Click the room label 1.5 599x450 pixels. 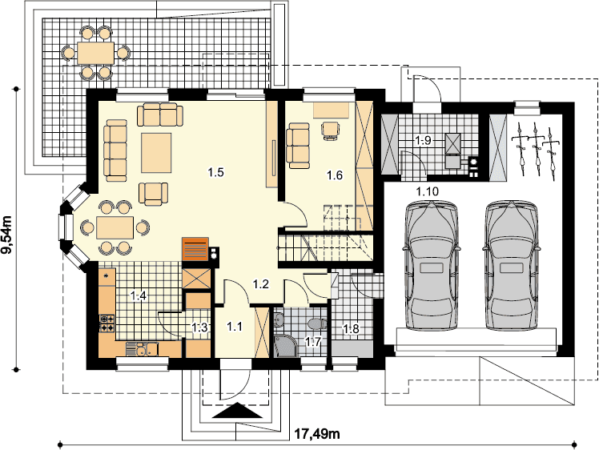click(x=216, y=172)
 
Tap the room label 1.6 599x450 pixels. click(x=335, y=175)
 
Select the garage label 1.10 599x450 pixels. click(x=428, y=191)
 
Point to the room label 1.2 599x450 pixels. click(x=261, y=283)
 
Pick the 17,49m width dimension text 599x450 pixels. click(x=317, y=434)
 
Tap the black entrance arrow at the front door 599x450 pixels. click(x=237, y=410)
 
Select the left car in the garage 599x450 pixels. click(x=431, y=266)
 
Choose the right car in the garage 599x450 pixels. click(x=512, y=266)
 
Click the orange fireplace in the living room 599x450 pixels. click(x=195, y=249)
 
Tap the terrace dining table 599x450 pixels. click(x=95, y=53)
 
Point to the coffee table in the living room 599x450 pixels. click(x=156, y=153)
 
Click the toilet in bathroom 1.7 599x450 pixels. click(x=317, y=324)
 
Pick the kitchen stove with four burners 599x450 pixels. click(x=107, y=323)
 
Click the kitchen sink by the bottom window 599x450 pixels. click(x=142, y=349)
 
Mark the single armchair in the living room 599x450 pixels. click(x=153, y=194)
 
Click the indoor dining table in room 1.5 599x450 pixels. click(x=115, y=227)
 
